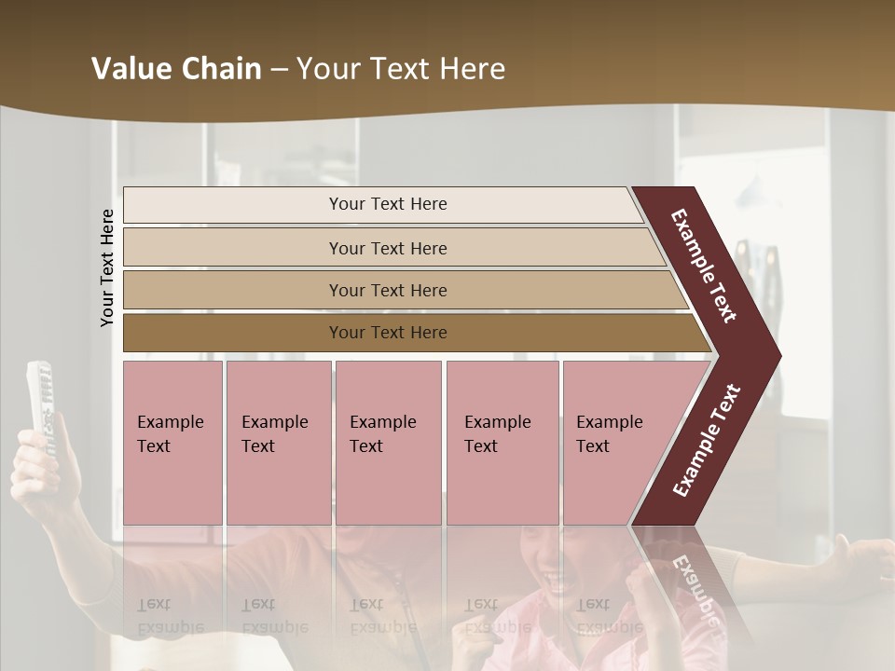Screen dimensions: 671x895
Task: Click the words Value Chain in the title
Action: pyautogui.click(x=176, y=69)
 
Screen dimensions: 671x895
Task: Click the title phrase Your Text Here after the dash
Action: pyautogui.click(x=401, y=69)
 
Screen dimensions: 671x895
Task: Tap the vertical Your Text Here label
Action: pyautogui.click(x=107, y=267)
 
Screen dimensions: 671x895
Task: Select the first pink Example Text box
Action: pyautogui.click(x=172, y=442)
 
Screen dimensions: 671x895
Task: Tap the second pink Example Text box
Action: pyautogui.click(x=278, y=442)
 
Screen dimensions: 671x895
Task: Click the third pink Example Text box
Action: pyautogui.click(x=388, y=442)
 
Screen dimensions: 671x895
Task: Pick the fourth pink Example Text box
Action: pyautogui.click(x=502, y=442)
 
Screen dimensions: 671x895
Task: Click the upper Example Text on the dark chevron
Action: pyautogui.click(x=704, y=266)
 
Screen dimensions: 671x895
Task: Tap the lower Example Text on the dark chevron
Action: pyautogui.click(x=707, y=441)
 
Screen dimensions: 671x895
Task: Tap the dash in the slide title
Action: pyautogui.click(x=279, y=70)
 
